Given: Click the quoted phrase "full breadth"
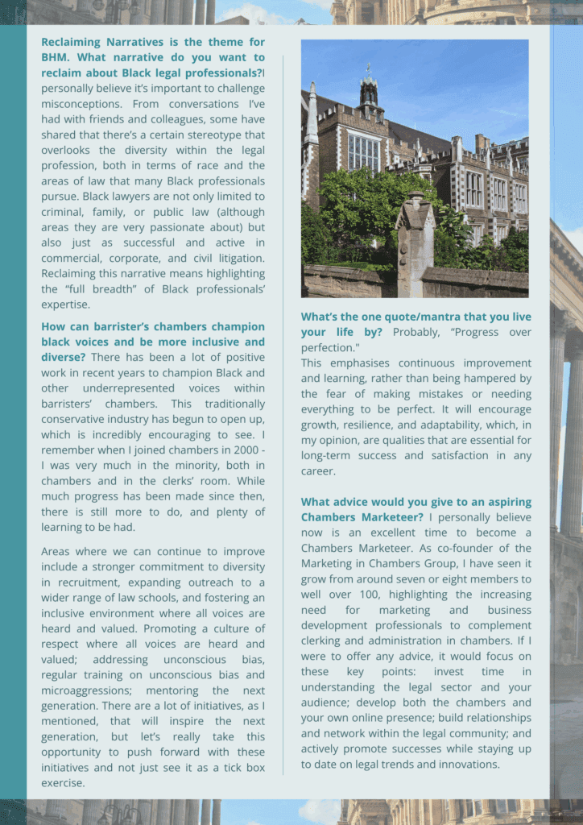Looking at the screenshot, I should click(94, 288).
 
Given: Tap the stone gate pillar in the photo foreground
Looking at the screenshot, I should click(414, 242).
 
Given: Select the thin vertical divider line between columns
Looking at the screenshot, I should click(283, 403).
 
